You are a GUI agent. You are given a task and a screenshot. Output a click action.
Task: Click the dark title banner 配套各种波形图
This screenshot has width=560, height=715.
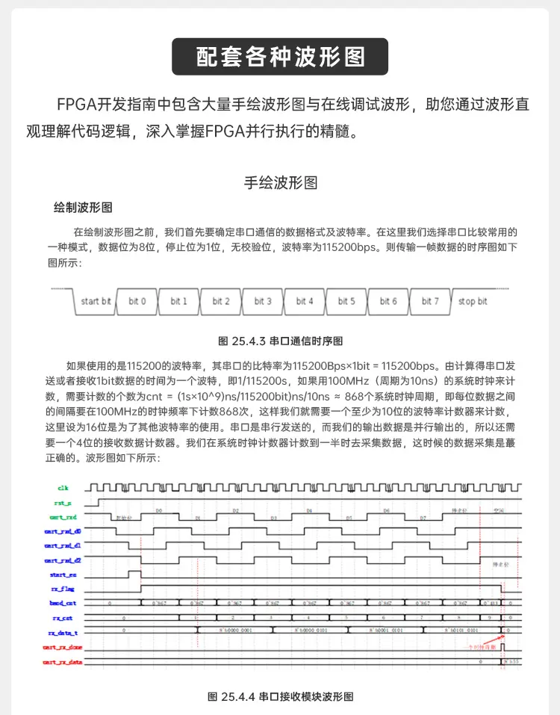tap(280, 57)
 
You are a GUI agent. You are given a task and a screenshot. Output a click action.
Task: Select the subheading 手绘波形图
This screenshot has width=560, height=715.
tap(280, 182)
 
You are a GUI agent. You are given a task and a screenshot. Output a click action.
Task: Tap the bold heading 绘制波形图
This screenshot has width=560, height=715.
tap(83, 206)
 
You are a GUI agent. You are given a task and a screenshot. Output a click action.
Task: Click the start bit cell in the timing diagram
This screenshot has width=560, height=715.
tap(95, 302)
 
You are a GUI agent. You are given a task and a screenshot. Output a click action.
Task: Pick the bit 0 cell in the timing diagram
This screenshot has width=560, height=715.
tap(137, 302)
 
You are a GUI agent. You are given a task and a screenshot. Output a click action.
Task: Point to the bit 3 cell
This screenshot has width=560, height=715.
tap(263, 302)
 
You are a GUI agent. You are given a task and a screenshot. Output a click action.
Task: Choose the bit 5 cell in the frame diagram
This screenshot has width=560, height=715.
tap(346, 302)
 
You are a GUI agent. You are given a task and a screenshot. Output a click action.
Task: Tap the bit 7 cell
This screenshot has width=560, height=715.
tap(430, 302)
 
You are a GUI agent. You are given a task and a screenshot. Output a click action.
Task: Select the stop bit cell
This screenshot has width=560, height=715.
tap(473, 302)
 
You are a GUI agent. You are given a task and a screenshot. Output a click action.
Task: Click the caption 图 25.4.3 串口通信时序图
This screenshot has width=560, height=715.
tap(280, 341)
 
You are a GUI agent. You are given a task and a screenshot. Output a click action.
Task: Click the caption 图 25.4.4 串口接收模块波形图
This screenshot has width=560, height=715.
tap(280, 696)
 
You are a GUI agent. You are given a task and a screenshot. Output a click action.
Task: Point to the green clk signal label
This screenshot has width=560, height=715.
tap(63, 488)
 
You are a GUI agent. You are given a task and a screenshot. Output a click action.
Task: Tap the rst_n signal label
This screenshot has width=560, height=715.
tap(63, 503)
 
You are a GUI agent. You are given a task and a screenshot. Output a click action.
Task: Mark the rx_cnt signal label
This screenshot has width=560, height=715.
tap(63, 618)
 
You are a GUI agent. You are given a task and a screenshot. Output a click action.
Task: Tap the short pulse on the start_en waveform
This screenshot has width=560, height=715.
tap(134, 573)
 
